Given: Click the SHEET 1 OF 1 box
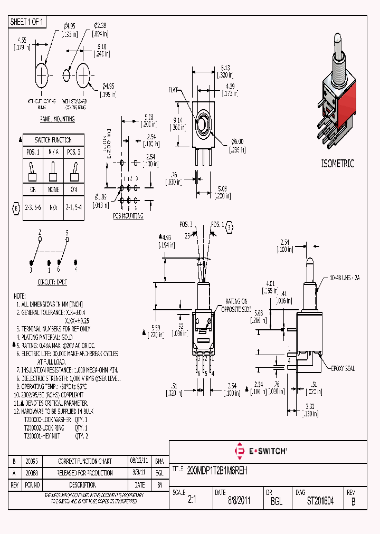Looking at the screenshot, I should (27, 22).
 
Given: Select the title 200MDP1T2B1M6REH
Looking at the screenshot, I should (217, 469).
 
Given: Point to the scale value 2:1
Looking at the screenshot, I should (192, 501).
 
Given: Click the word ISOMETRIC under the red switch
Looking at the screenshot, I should (337, 164).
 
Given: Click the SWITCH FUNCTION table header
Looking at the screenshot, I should (53, 140).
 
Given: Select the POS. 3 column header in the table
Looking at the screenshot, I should (74, 152).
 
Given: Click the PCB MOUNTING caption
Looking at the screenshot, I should (128, 216).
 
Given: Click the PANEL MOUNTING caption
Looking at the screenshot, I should (57, 119).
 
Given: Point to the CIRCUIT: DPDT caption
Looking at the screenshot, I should (51, 281).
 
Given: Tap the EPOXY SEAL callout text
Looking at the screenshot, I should (343, 368).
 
